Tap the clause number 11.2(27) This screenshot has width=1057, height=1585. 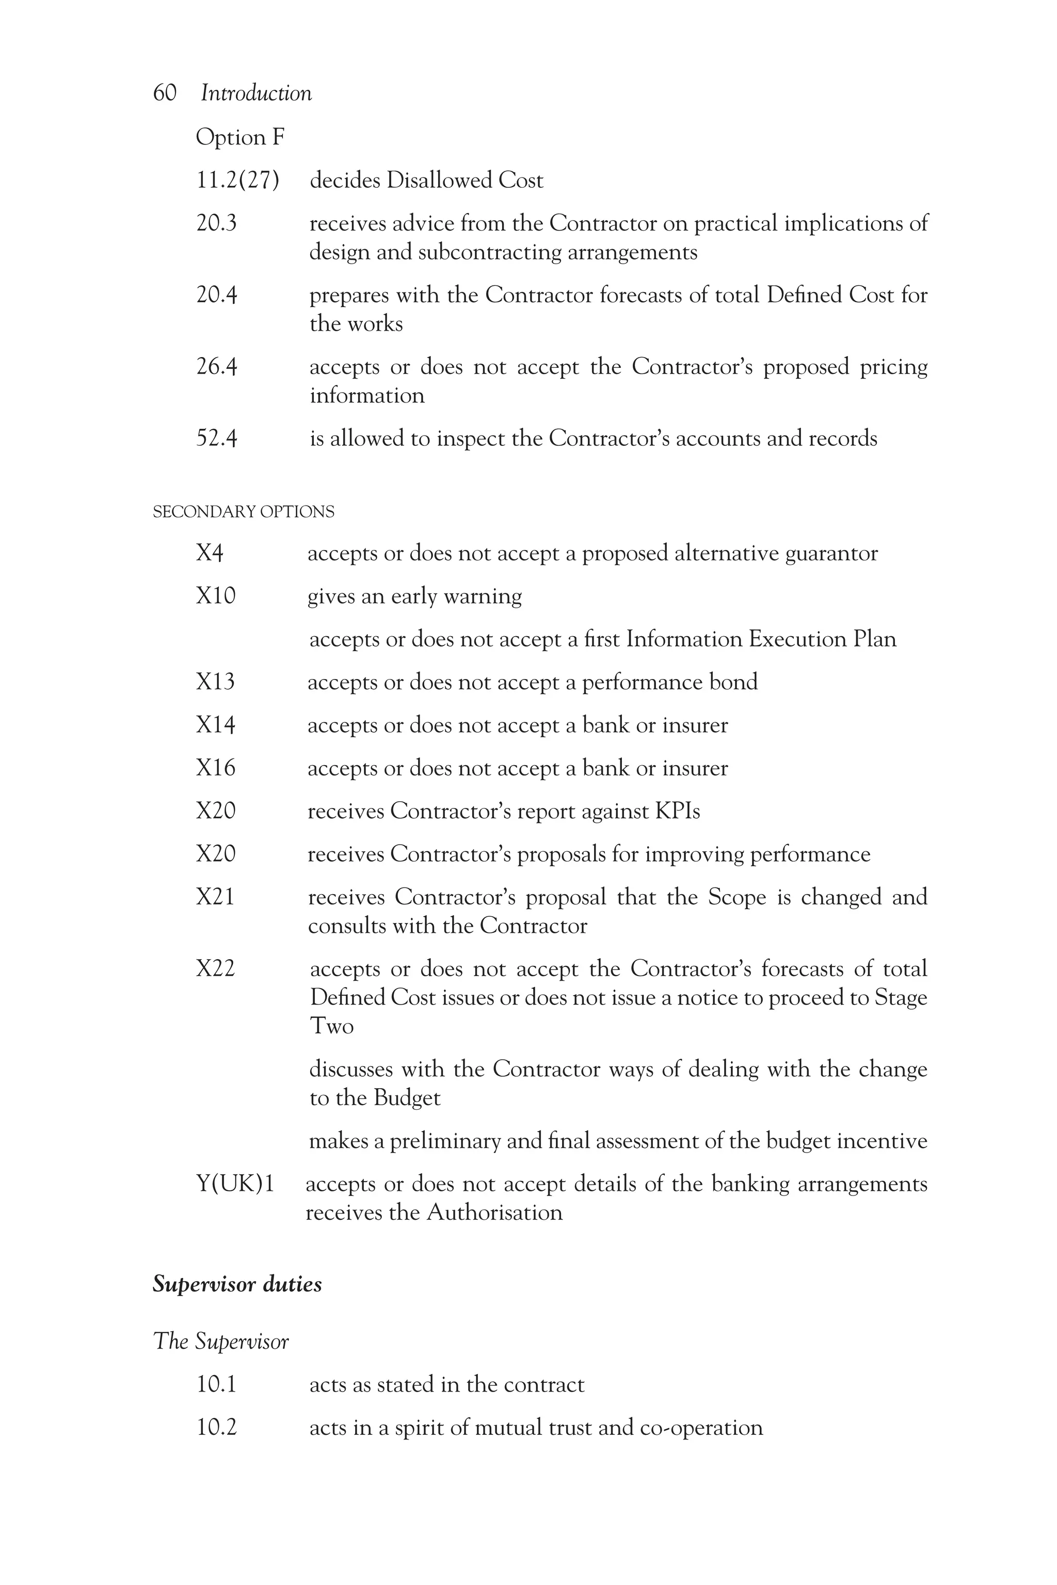[x=237, y=181]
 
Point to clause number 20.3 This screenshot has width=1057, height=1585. [x=216, y=223]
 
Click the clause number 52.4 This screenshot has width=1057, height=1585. [x=216, y=439]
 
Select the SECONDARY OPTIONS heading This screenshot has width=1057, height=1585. [x=244, y=512]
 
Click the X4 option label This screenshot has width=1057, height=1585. [x=209, y=553]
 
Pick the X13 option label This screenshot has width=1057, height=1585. [x=215, y=682]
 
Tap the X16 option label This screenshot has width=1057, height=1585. [x=216, y=768]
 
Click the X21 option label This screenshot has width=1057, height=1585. [x=215, y=897]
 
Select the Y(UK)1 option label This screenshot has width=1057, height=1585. [x=235, y=1184]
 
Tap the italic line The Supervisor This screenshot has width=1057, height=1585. [x=221, y=1341]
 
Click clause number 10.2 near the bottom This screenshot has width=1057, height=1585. [x=216, y=1428]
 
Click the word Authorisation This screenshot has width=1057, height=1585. [x=495, y=1213]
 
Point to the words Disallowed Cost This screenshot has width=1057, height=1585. [x=465, y=181]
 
